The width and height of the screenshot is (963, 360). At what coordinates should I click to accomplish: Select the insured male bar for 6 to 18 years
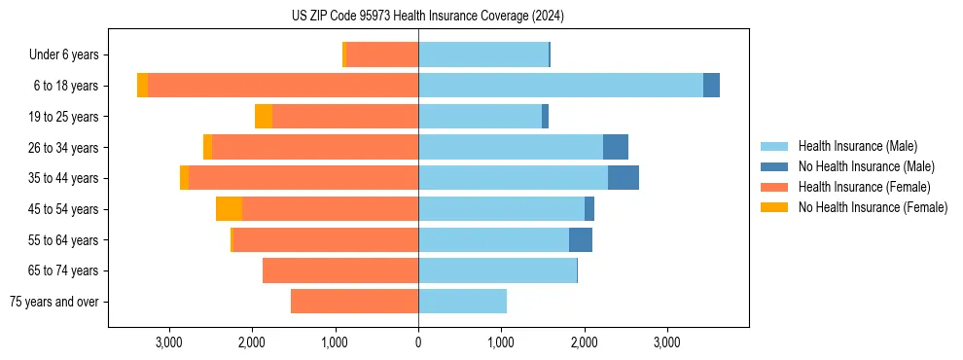[x=560, y=86]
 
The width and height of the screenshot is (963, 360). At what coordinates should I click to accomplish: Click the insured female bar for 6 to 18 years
[x=282, y=86]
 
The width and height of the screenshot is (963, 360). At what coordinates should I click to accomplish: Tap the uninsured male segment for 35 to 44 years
[x=624, y=178]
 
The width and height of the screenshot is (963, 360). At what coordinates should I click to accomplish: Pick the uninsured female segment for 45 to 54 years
[x=229, y=209]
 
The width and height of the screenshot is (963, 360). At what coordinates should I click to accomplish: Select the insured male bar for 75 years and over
[x=462, y=302]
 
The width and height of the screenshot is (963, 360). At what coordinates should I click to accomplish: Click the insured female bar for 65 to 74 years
[x=340, y=270]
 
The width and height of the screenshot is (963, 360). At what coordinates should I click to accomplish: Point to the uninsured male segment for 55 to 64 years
[x=581, y=240]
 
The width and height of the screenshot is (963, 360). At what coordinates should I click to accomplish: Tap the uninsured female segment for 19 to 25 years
[x=263, y=117]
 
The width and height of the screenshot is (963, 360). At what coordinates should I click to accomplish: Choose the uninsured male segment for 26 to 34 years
[x=616, y=148]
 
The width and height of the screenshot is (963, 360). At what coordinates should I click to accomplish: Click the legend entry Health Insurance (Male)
[x=856, y=146]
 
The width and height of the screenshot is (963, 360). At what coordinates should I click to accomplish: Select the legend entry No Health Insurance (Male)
[x=866, y=166]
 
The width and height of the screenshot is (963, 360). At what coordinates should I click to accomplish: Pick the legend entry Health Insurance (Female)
[x=864, y=187]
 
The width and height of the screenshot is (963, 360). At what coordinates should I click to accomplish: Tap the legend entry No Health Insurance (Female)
[x=873, y=207]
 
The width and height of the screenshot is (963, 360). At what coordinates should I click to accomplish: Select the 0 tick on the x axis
[x=418, y=342]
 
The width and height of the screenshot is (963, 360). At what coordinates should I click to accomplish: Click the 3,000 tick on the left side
[x=169, y=342]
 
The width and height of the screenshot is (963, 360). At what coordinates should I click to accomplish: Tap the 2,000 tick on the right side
[x=585, y=342]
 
